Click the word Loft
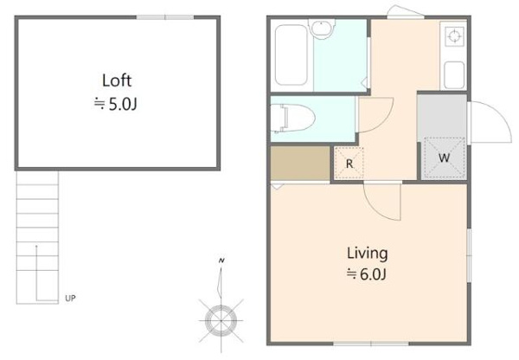pos(117,80)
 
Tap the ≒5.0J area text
pos(116,105)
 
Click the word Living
pos(367,254)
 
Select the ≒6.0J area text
pos(367,274)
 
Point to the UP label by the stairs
pos(70,299)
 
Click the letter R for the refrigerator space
pos(349,164)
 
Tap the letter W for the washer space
pos(444,157)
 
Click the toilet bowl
pos(292,119)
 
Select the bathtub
pos(292,55)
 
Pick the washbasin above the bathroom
pos(322,28)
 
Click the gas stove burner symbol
pos(454,36)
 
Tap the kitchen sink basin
pos(454,75)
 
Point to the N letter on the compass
pos(221,260)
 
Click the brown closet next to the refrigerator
pos(300,164)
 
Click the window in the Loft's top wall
pos(165,17)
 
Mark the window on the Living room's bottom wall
pos(371,344)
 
